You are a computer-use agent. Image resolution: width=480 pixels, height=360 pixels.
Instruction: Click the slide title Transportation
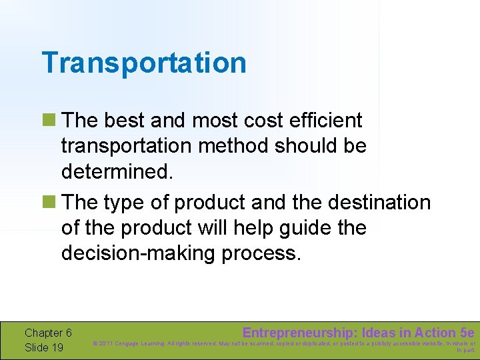143,63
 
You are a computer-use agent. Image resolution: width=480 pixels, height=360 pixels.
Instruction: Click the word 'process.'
269,253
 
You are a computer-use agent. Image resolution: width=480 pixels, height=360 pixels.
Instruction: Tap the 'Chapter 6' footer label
48,333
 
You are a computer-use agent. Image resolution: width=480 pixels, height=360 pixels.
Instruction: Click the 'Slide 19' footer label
44,347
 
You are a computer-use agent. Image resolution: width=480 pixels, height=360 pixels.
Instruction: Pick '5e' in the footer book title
467,333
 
